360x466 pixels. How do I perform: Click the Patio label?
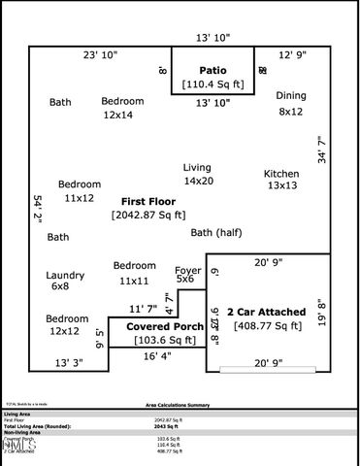pyautogui.click(x=213, y=70)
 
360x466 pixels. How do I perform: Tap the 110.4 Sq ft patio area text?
pyautogui.click(x=213, y=85)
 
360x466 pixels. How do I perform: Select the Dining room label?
pyautogui.click(x=291, y=96)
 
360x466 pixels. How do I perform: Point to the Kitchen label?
pyautogui.click(x=281, y=174)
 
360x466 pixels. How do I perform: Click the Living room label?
pyautogui.click(x=197, y=168)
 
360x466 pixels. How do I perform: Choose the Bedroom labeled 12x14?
pyautogui.click(x=122, y=101)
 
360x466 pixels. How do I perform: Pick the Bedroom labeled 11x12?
pyautogui.click(x=79, y=184)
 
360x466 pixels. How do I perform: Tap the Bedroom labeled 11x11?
pyautogui.click(x=134, y=266)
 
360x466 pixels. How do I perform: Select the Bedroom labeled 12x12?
pyautogui.click(x=66, y=319)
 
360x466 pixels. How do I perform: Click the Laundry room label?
pyautogui.click(x=66, y=276)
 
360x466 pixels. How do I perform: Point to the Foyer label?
pyautogui.click(x=187, y=270)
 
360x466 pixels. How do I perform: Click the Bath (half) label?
pyautogui.click(x=215, y=233)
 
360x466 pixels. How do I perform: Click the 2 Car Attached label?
pyautogui.click(x=266, y=312)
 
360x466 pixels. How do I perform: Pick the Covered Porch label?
pyautogui.click(x=165, y=327)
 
